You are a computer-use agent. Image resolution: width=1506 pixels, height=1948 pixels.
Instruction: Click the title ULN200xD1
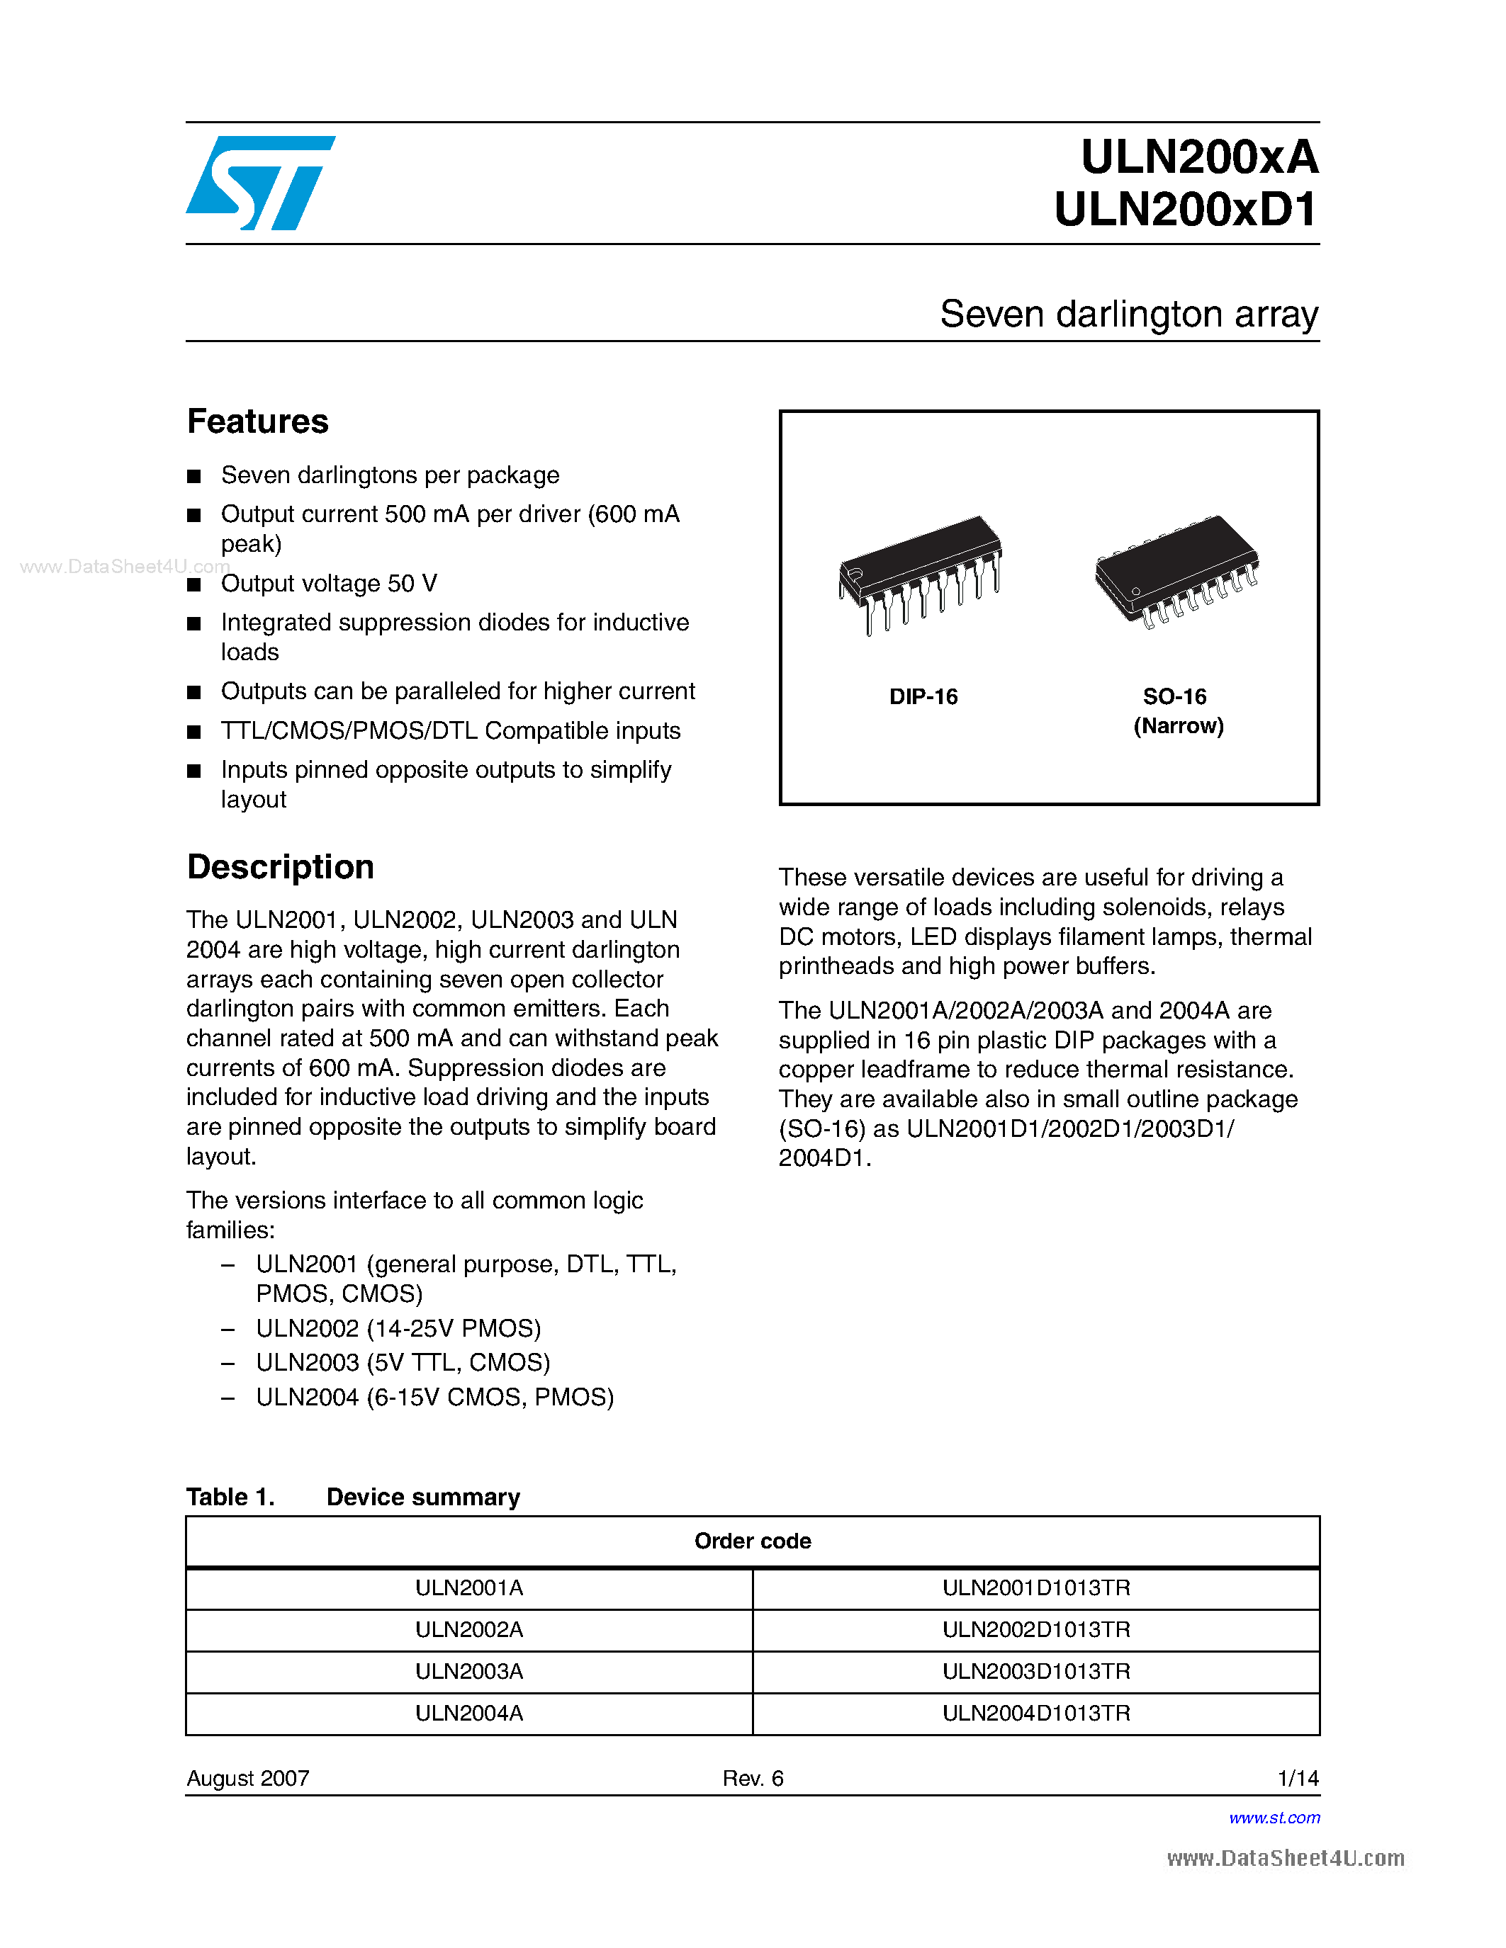(x=1185, y=210)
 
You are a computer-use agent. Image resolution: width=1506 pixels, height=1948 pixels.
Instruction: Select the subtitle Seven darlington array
(x=1128, y=315)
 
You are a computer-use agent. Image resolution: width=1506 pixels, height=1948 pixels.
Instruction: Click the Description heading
(x=280, y=867)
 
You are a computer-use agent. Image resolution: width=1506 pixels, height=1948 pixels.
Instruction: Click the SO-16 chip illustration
(x=1176, y=571)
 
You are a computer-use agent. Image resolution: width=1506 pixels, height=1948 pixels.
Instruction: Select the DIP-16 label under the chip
(x=923, y=696)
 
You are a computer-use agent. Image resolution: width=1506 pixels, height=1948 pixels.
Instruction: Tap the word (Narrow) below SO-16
(x=1178, y=726)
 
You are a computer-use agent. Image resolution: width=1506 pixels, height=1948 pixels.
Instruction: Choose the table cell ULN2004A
(x=469, y=1714)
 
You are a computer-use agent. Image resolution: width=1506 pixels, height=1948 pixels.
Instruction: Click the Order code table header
(x=752, y=1541)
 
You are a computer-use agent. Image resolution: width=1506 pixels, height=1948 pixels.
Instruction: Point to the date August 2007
(x=248, y=1779)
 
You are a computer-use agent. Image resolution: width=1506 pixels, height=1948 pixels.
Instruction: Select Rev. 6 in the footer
(x=752, y=1779)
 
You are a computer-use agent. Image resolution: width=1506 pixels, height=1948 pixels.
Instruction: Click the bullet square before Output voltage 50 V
(x=193, y=585)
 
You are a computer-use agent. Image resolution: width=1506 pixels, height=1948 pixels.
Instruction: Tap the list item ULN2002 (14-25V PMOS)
(x=398, y=1329)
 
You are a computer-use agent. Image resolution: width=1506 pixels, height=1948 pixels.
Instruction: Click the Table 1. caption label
(x=230, y=1497)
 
